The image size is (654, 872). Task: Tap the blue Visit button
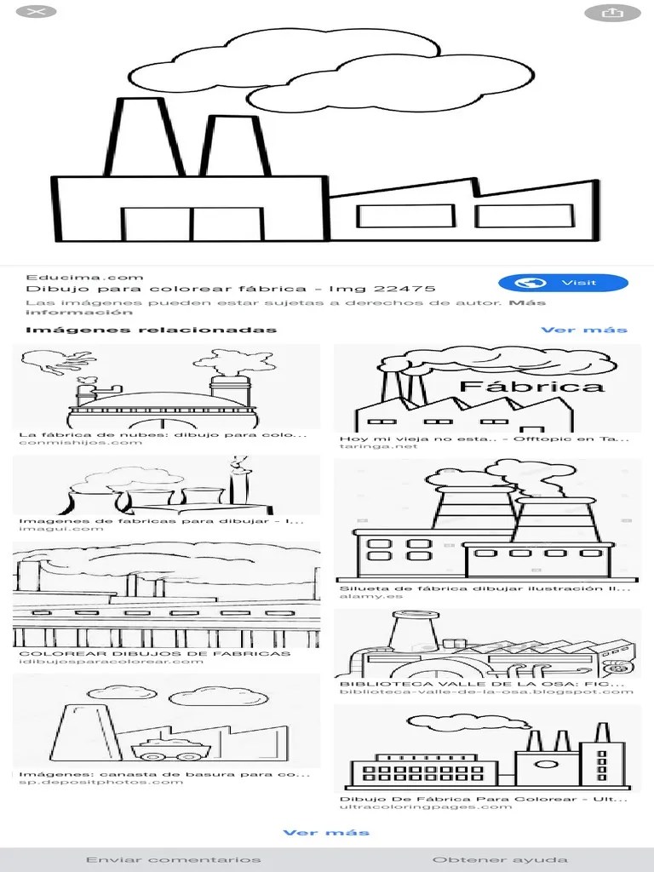point(563,283)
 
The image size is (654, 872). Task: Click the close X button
point(36,11)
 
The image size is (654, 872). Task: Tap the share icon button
point(612,13)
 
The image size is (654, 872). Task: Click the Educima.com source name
point(84,277)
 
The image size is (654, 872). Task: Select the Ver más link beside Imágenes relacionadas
point(584,330)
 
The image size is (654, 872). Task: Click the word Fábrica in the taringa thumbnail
point(532,386)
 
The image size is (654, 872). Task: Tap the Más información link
point(285,307)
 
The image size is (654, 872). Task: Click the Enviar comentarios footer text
point(174,860)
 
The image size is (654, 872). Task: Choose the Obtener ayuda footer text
point(500,860)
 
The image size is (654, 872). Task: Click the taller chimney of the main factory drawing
point(143,137)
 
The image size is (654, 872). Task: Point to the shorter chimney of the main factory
point(235,146)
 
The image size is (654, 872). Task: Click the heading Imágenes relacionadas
point(152,330)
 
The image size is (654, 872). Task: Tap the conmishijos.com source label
point(81,443)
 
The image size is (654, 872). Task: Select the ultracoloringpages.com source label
point(426,806)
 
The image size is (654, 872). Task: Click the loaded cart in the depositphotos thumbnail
point(170,749)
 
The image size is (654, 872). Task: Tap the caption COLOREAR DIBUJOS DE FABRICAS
point(155,653)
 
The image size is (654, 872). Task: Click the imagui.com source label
point(61,528)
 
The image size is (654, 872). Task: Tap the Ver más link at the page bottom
point(326,833)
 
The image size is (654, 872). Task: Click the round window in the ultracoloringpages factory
point(546,764)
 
